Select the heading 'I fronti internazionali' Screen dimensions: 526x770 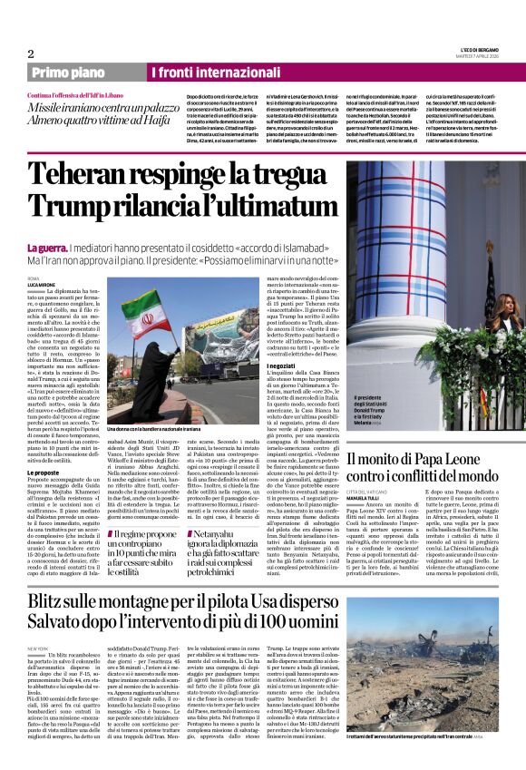pyautogui.click(x=202, y=72)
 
